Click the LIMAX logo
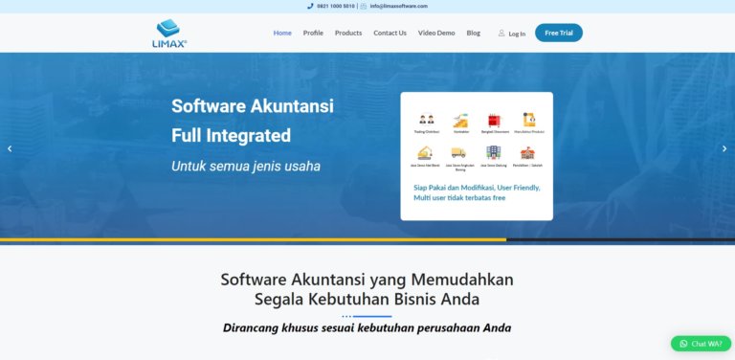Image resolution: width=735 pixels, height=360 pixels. coord(171,33)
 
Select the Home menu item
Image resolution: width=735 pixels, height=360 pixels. coord(282,33)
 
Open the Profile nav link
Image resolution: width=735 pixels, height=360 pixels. coord(313,33)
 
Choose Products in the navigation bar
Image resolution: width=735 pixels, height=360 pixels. coord(348,33)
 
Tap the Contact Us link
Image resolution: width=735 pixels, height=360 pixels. coord(390,33)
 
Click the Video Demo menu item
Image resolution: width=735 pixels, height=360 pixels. coord(436,33)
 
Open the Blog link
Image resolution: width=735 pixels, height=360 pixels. coord(473,33)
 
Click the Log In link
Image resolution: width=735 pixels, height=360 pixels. coord(512,34)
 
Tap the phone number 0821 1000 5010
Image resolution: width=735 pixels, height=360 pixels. coord(335,6)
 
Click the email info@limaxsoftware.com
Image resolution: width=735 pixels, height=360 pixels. coord(399,6)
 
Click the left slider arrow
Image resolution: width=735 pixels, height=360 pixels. coord(10,148)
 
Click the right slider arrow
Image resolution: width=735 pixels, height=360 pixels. coord(724,148)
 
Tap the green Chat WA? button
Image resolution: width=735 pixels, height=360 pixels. coord(701,344)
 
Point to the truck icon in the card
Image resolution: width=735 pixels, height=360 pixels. coord(458,152)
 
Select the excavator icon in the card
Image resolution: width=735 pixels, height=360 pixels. coord(426,152)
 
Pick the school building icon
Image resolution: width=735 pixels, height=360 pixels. coord(526,152)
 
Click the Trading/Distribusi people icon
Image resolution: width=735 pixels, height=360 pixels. coord(426,121)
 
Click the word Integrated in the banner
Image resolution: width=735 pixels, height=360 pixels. coord(244,135)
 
